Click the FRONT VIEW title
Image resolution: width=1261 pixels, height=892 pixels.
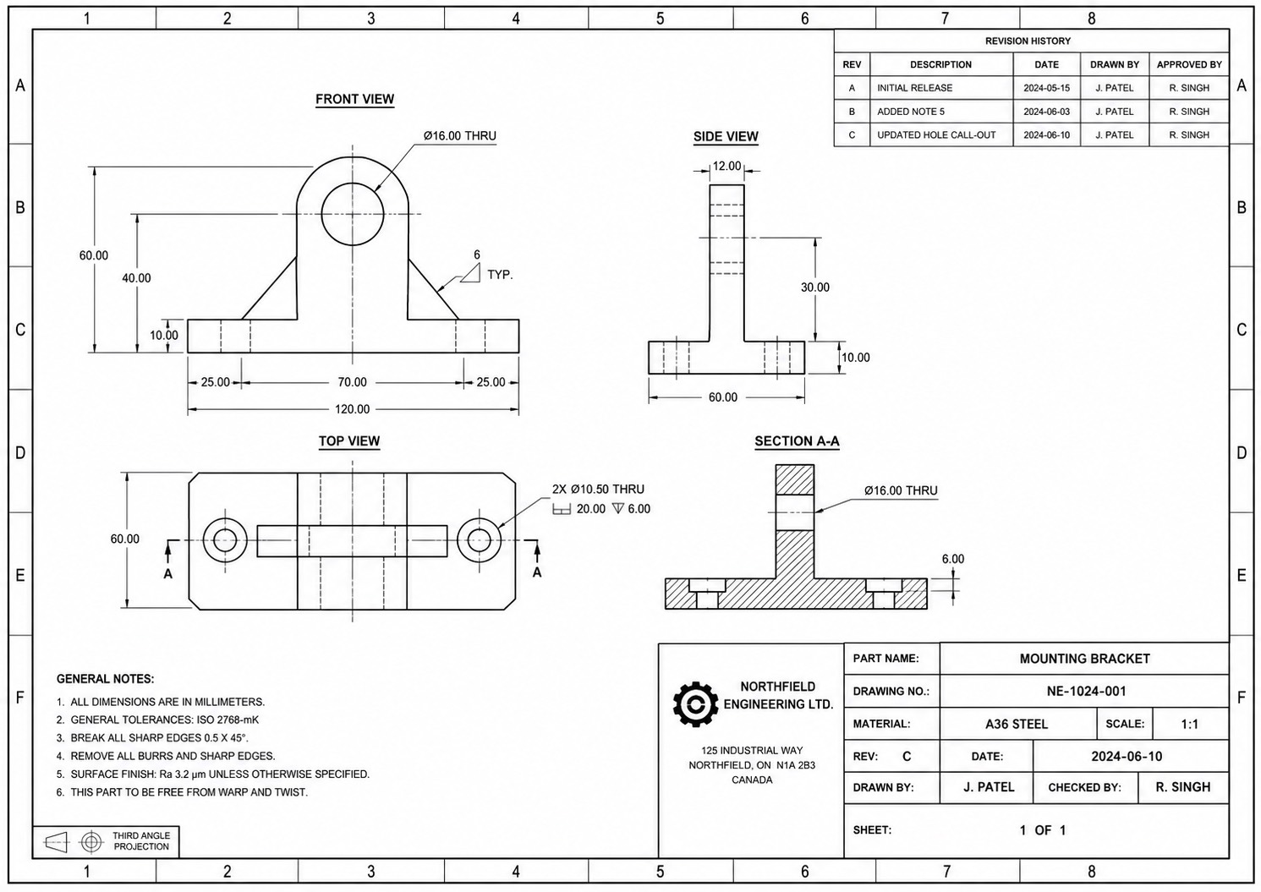pos(354,99)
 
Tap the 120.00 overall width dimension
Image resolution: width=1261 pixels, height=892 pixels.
pos(353,409)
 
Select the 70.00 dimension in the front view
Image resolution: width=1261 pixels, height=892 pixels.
pos(353,382)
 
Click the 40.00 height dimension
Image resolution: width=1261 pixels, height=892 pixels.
pos(136,278)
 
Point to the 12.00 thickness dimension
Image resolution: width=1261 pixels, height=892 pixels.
pos(726,166)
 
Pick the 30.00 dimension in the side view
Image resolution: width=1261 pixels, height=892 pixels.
pos(815,287)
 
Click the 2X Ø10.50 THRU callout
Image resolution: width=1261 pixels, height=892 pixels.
pos(599,489)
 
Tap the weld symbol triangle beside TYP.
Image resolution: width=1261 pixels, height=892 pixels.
pos(470,273)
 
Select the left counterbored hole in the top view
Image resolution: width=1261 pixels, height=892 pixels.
pos(203,540)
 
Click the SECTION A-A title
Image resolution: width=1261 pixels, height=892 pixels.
pos(798,441)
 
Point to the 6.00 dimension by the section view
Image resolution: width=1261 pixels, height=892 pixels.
pos(953,559)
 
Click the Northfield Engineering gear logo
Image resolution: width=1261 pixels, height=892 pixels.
pos(696,704)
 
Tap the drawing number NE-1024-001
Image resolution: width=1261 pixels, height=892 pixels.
pos(1087,691)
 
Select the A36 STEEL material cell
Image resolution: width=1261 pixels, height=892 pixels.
pos(1017,724)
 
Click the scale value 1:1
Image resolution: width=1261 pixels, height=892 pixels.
pos(1189,724)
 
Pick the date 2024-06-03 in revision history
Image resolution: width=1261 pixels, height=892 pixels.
pos(1046,112)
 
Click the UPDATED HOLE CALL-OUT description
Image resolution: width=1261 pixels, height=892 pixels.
pos(936,135)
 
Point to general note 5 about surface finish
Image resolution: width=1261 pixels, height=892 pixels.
pos(213,774)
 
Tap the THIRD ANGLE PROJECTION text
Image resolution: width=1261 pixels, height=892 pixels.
pos(141,840)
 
